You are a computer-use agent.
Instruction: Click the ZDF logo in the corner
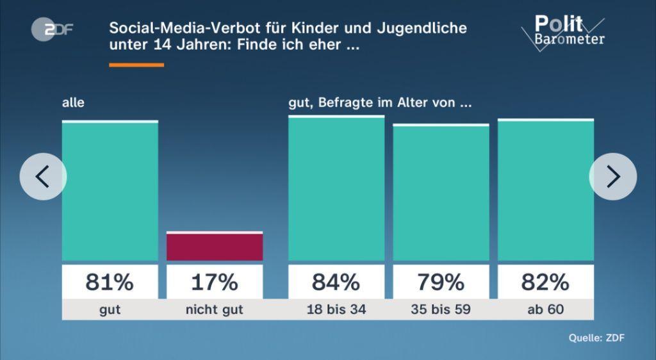(52, 29)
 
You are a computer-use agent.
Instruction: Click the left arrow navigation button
(43, 176)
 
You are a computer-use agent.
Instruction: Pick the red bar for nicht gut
(215, 247)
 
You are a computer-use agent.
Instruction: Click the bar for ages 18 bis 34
(336, 189)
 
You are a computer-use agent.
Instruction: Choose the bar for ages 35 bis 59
(441, 193)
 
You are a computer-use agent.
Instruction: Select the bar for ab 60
(546, 190)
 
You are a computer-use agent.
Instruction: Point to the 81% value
(110, 282)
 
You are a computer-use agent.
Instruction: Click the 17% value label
(215, 282)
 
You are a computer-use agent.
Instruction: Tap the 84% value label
(336, 282)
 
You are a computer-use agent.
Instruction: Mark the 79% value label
(441, 282)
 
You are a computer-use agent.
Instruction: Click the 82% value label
(546, 282)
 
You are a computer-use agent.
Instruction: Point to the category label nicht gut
(215, 310)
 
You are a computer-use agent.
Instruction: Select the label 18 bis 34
(336, 310)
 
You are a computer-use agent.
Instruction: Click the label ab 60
(546, 310)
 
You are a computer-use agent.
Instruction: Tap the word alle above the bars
(73, 102)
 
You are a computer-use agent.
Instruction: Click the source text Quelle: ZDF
(596, 338)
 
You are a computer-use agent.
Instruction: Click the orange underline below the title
(136, 65)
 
